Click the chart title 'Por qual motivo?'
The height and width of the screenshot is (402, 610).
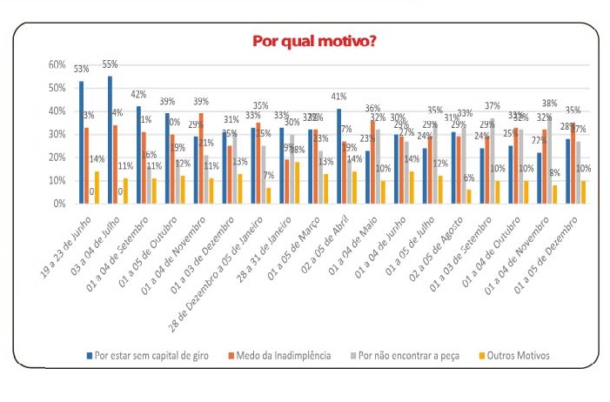[314, 41]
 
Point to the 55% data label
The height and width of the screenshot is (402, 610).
[111, 64]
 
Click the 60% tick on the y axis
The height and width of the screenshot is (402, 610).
[57, 65]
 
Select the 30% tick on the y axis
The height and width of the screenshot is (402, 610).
[57, 134]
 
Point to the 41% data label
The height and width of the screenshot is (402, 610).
[339, 97]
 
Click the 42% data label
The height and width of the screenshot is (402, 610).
[137, 94]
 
